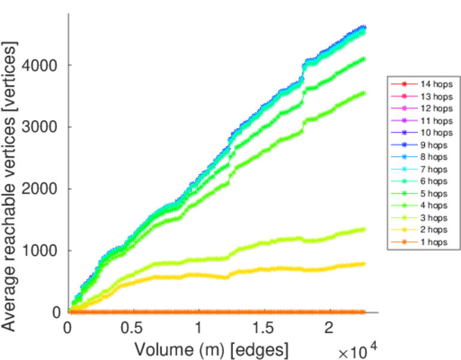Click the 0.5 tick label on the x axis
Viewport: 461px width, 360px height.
(133, 329)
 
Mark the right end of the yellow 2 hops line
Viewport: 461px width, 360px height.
(364, 263)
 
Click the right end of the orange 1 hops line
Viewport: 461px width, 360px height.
(364, 312)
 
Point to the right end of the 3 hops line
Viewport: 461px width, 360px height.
(364, 229)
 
